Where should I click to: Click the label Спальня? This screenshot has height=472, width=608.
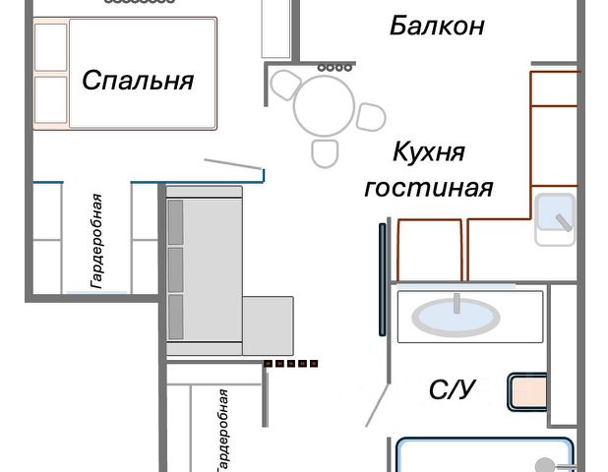(138, 81)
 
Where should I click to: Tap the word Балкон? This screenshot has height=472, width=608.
(437, 26)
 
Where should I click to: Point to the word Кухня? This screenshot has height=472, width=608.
(429, 151)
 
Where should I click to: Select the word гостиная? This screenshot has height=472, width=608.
(429, 188)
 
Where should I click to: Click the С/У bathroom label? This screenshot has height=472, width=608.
(453, 389)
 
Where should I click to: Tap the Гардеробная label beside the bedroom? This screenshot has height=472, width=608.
(96, 241)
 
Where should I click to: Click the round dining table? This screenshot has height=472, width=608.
(324, 105)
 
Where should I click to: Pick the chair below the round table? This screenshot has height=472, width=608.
(325, 153)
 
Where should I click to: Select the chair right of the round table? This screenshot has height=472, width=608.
(371, 117)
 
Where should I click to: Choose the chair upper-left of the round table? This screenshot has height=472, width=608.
(285, 85)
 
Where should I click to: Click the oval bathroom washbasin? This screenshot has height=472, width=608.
(456, 317)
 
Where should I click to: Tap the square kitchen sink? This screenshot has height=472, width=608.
(555, 219)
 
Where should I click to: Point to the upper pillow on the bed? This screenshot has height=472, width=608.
(50, 47)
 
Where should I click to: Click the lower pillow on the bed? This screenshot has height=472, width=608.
(50, 99)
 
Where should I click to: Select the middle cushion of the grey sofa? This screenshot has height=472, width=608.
(176, 269)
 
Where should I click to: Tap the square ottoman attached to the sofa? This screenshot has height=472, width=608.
(268, 325)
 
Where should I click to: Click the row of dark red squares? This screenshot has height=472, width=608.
(291, 364)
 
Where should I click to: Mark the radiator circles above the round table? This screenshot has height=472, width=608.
(335, 68)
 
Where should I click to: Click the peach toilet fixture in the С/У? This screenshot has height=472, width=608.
(527, 391)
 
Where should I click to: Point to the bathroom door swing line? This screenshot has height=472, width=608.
(378, 405)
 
